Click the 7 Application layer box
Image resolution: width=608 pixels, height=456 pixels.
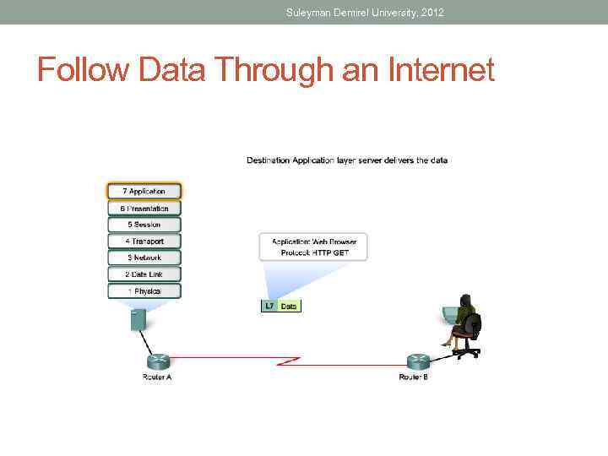pyautogui.click(x=144, y=192)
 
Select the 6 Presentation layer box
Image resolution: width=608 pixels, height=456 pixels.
pyautogui.click(x=144, y=209)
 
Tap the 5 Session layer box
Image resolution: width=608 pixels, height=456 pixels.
pyautogui.click(x=144, y=225)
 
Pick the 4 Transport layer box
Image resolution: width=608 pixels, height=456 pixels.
pyautogui.click(x=144, y=242)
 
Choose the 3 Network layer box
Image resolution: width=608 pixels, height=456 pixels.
pyautogui.click(x=144, y=258)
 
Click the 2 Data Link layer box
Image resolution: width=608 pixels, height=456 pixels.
pyautogui.click(x=144, y=274)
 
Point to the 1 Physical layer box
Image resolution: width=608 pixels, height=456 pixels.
pyautogui.click(x=144, y=291)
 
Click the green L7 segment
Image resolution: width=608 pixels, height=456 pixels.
pyautogui.click(x=269, y=307)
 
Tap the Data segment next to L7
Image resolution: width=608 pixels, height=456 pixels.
pyautogui.click(x=289, y=307)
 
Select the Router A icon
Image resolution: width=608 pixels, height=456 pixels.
pyautogui.click(x=156, y=359)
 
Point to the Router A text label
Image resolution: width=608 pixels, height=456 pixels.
pyautogui.click(x=157, y=377)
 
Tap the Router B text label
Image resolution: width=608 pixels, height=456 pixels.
pyautogui.click(x=414, y=377)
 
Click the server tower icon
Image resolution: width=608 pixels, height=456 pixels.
pyautogui.click(x=138, y=319)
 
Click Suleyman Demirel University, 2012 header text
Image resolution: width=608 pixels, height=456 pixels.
pyautogui.click(x=365, y=12)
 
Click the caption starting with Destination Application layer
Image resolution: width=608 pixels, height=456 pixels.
pyautogui.click(x=346, y=160)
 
